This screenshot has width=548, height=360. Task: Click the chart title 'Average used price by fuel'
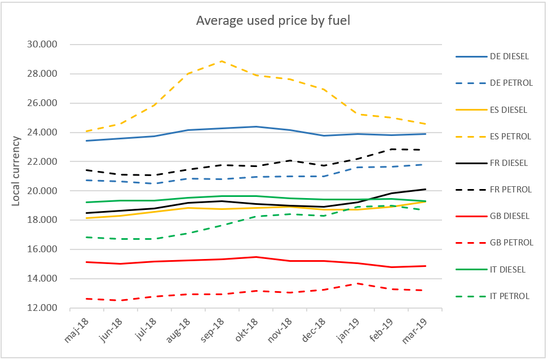click(x=273, y=21)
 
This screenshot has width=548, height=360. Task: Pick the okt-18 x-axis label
click(x=250, y=330)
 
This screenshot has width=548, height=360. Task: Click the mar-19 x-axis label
click(x=419, y=330)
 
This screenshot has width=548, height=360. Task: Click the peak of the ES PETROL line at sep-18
click(x=222, y=61)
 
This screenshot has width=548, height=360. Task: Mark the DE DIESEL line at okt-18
click(x=256, y=126)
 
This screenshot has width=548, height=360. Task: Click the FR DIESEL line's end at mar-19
click(x=425, y=189)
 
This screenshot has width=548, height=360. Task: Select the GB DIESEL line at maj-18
click(x=86, y=262)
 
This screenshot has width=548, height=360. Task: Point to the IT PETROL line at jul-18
click(x=154, y=239)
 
